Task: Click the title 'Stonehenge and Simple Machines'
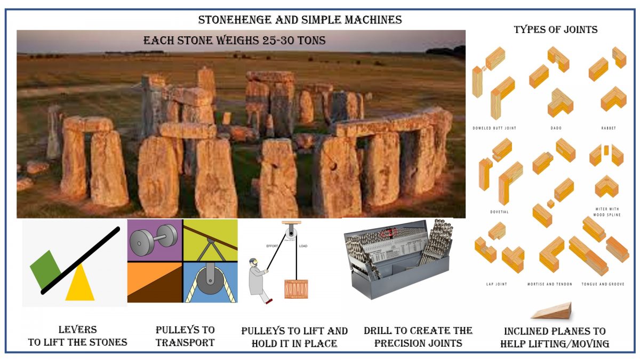click(x=300, y=20)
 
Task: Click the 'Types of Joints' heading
click(x=555, y=29)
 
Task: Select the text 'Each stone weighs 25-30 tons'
click(x=234, y=41)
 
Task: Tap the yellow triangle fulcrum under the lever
click(x=79, y=285)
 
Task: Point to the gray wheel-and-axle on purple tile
click(x=154, y=239)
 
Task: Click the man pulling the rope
click(x=258, y=280)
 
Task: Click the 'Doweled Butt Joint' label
click(x=494, y=129)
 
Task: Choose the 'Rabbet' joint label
click(x=608, y=129)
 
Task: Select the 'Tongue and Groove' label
click(x=605, y=284)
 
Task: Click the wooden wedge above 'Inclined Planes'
click(x=553, y=311)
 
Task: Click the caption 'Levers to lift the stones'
click(x=77, y=336)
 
